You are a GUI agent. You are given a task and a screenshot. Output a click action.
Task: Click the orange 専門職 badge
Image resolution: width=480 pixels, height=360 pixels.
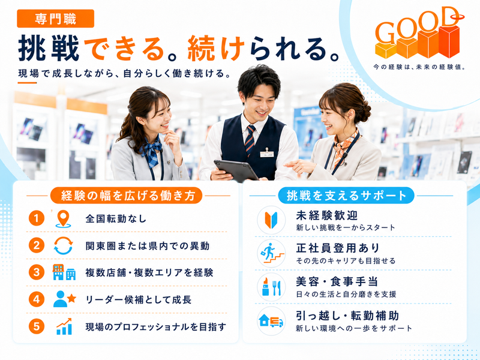(55, 19)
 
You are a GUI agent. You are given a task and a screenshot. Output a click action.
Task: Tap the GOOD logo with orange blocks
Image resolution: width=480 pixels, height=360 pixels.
(418, 34)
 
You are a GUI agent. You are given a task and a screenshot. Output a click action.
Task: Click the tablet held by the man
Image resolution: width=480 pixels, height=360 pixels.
(236, 170)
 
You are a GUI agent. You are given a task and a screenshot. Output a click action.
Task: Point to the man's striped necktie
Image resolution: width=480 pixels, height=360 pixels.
(250, 140)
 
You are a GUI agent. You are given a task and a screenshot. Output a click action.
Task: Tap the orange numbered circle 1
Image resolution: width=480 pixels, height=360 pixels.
(37, 218)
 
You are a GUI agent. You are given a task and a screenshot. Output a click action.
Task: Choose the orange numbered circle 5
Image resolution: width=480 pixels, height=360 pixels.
(37, 326)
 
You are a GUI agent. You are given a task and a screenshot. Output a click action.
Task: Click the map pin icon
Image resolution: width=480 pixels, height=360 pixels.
(64, 218)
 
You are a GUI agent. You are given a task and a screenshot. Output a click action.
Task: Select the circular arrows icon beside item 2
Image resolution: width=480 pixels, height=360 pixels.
(64, 245)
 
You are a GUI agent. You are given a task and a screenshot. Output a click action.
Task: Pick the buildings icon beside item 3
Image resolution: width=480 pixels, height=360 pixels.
(64, 272)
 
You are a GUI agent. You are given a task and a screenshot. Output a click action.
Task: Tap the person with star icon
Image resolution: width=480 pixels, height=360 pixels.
(64, 299)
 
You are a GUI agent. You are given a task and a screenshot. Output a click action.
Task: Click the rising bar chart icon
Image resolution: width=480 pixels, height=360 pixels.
(64, 326)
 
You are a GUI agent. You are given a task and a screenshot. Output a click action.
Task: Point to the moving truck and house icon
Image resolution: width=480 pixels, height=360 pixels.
(271, 321)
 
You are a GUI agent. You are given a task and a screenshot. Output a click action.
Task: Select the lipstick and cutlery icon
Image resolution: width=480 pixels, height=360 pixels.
(271, 287)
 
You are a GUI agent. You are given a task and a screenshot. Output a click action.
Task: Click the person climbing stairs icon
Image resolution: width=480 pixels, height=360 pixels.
(272, 253)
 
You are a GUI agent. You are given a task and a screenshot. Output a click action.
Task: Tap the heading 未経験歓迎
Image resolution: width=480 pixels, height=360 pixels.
(326, 215)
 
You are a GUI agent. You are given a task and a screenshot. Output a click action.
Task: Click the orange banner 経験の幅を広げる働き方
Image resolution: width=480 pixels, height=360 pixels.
(127, 196)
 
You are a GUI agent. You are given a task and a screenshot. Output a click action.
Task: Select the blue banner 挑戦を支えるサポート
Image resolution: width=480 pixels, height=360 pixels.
(346, 196)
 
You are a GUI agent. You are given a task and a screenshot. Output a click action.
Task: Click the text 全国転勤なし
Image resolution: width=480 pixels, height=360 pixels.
(116, 219)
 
